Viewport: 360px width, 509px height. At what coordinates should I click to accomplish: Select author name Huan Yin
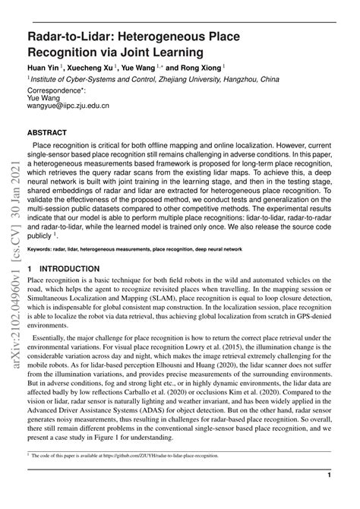click(45, 67)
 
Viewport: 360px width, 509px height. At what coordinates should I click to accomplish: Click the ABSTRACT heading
click(49, 131)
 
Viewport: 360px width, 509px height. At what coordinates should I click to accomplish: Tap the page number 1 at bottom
click(329, 496)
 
